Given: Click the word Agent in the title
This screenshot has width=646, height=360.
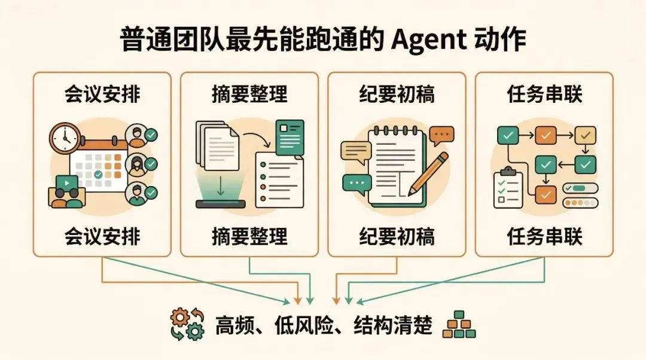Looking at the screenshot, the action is point(429,41).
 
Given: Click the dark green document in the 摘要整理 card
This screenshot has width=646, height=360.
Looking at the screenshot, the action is point(290,137).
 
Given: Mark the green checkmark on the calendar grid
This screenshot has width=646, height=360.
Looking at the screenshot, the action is point(98,174).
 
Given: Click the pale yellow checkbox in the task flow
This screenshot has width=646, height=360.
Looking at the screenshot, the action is point(584,135).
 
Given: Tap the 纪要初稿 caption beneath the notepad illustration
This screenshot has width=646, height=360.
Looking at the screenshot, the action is point(397,236).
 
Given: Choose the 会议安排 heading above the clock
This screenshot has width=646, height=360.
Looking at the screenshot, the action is point(102,94).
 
